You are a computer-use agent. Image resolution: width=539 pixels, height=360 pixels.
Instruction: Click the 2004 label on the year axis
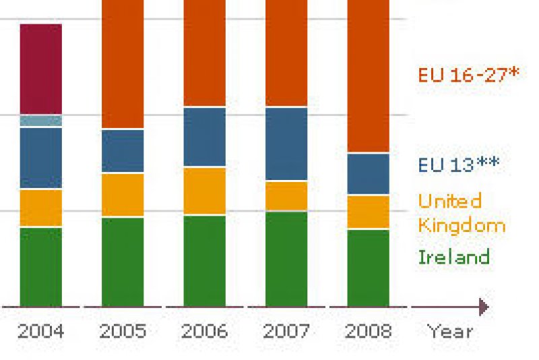(x=41, y=331)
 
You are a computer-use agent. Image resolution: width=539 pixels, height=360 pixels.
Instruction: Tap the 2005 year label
(x=123, y=331)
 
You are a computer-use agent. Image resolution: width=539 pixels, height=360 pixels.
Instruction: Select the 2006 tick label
(x=205, y=331)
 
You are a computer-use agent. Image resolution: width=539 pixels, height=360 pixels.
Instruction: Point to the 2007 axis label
(x=286, y=331)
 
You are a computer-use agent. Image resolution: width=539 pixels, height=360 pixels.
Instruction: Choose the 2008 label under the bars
(x=369, y=331)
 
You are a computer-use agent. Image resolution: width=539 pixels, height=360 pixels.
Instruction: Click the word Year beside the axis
(x=449, y=331)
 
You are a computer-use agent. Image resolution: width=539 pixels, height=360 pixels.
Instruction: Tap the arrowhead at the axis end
(x=483, y=307)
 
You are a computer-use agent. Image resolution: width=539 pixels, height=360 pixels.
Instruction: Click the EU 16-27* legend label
(x=468, y=74)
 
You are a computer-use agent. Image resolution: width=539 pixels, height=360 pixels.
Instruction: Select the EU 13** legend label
(x=459, y=164)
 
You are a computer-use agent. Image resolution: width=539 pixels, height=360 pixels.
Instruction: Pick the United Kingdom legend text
(x=461, y=212)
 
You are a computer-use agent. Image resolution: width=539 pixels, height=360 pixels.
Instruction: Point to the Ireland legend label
(x=453, y=257)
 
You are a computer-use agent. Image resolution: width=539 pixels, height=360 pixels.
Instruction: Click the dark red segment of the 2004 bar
(x=41, y=69)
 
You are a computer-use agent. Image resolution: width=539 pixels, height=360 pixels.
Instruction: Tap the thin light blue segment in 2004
(x=41, y=121)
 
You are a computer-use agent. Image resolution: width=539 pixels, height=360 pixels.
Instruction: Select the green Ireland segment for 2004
(x=41, y=267)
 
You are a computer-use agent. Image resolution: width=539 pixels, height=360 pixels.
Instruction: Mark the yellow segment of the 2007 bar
(x=286, y=196)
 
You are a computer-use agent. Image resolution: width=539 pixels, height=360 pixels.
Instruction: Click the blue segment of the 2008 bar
(x=369, y=174)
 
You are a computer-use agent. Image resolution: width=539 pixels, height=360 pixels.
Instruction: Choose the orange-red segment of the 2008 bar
(x=369, y=74)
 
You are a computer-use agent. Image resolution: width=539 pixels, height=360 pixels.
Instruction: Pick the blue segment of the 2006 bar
(x=205, y=136)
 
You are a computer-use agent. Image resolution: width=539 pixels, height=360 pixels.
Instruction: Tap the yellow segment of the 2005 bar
(x=123, y=195)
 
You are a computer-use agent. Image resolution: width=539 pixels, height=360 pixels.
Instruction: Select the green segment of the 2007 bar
(x=286, y=259)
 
